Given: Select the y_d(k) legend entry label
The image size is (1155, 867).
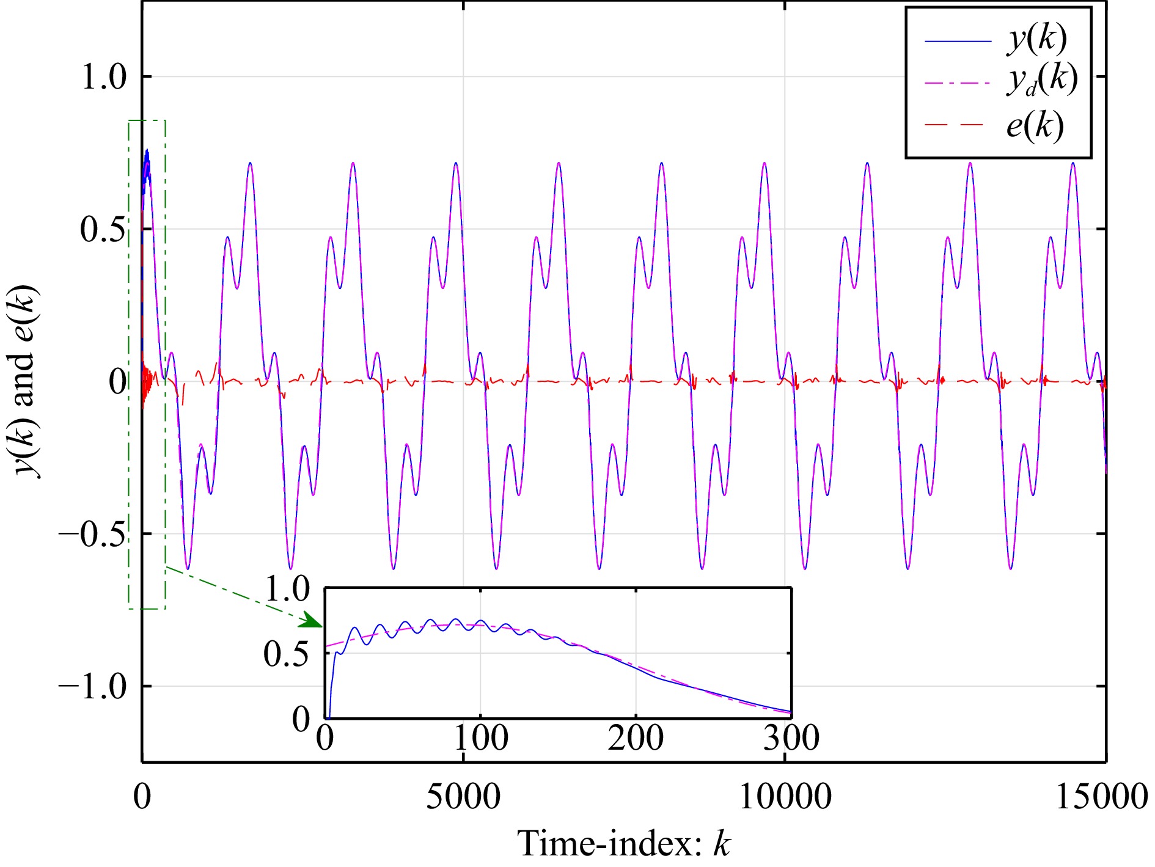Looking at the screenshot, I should click(1041, 81).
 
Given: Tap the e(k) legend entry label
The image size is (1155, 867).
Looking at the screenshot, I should click(1035, 126).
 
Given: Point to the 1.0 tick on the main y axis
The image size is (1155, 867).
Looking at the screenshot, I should click(103, 78).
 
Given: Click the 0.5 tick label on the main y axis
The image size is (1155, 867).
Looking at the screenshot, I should click(103, 230).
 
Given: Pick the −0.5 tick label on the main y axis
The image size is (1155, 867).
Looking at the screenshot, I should click(93, 535).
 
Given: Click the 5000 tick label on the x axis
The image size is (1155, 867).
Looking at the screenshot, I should click(463, 797).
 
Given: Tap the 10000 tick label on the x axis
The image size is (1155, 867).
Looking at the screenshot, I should click(785, 797).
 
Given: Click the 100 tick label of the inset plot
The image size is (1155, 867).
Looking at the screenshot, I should click(481, 738).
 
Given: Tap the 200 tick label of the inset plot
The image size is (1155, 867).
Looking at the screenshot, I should click(636, 738).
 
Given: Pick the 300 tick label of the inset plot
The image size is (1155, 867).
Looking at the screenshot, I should click(791, 738).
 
